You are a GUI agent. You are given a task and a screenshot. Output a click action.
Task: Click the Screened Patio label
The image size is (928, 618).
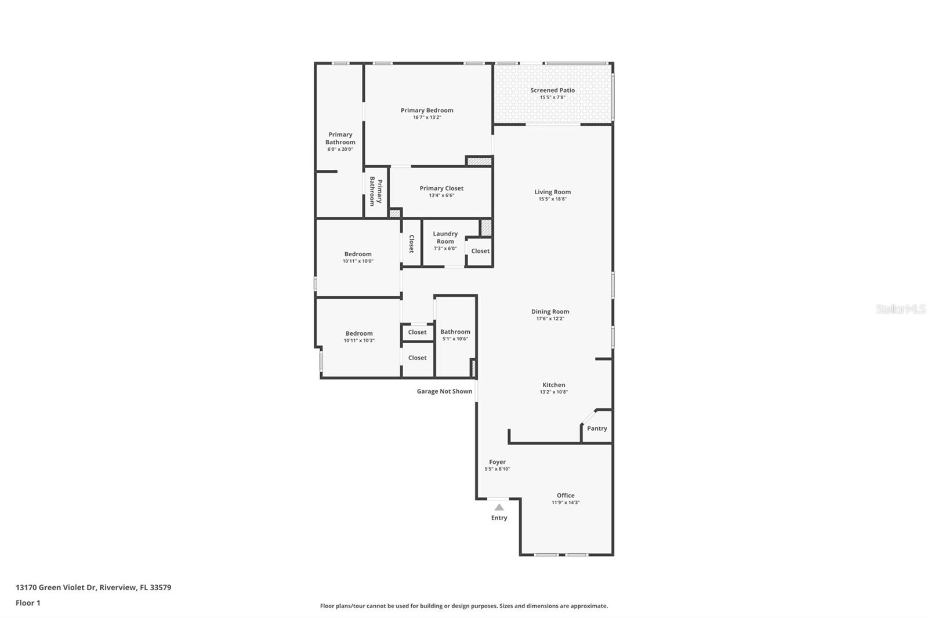(x=552, y=90)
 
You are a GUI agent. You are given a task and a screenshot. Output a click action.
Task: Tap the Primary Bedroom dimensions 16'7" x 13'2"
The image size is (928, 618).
(x=427, y=118)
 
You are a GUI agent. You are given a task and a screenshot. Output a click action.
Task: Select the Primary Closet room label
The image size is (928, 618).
(x=441, y=188)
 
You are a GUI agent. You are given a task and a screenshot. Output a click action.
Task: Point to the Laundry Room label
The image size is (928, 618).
(x=445, y=238)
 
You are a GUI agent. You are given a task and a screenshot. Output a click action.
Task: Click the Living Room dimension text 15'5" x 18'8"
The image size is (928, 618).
(x=552, y=199)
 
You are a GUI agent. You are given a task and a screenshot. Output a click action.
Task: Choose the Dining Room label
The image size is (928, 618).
(x=550, y=311)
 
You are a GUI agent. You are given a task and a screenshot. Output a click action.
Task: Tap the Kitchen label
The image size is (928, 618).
(x=553, y=385)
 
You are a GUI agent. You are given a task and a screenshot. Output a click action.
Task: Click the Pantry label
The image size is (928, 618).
(x=597, y=428)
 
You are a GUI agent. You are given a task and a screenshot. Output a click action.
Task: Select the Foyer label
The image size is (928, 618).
(x=497, y=462)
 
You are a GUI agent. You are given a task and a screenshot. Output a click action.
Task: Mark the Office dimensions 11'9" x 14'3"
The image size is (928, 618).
(x=565, y=503)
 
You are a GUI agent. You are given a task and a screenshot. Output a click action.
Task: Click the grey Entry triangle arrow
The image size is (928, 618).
(x=499, y=507)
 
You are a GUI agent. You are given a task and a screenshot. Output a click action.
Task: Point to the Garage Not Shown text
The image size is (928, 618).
(x=444, y=391)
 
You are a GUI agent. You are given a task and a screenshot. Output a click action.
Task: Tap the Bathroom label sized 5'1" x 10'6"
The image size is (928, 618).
(x=455, y=332)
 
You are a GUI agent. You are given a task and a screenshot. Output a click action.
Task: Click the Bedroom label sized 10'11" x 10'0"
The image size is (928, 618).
(x=358, y=254)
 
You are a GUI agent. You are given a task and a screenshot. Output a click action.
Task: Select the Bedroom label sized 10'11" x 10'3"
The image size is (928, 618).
(x=359, y=333)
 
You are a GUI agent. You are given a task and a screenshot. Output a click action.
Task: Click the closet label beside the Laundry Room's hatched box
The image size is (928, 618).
(x=480, y=251)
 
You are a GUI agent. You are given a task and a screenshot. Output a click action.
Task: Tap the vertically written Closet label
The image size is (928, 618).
(x=411, y=243)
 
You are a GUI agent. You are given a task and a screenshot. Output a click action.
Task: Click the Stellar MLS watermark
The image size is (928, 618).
(x=900, y=309)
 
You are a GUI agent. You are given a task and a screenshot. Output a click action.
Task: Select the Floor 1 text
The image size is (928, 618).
(x=28, y=603)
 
